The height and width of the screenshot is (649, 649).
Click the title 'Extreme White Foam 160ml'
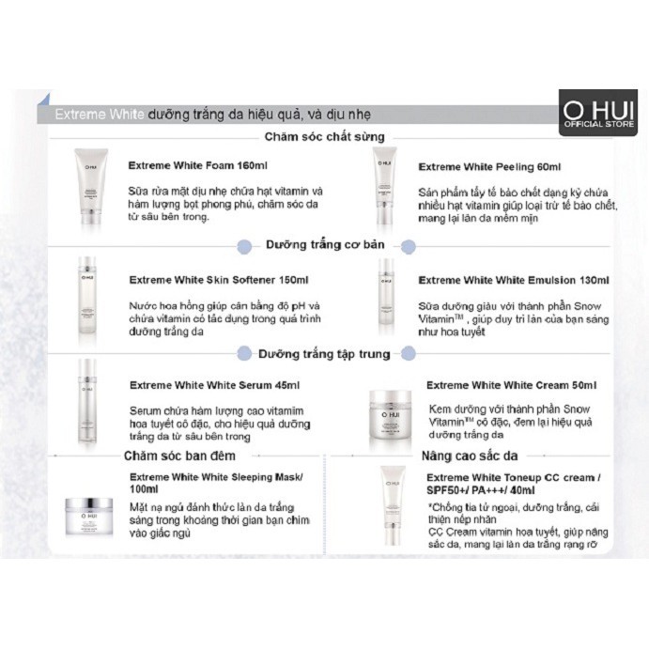pyautogui.click(x=198, y=166)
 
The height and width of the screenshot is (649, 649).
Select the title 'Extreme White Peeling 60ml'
pyautogui.click(x=489, y=166)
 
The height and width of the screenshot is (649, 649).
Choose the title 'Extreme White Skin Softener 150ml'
pyautogui.click(x=219, y=279)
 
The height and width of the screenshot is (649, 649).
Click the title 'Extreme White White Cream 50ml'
pyautogui.click(x=511, y=385)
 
